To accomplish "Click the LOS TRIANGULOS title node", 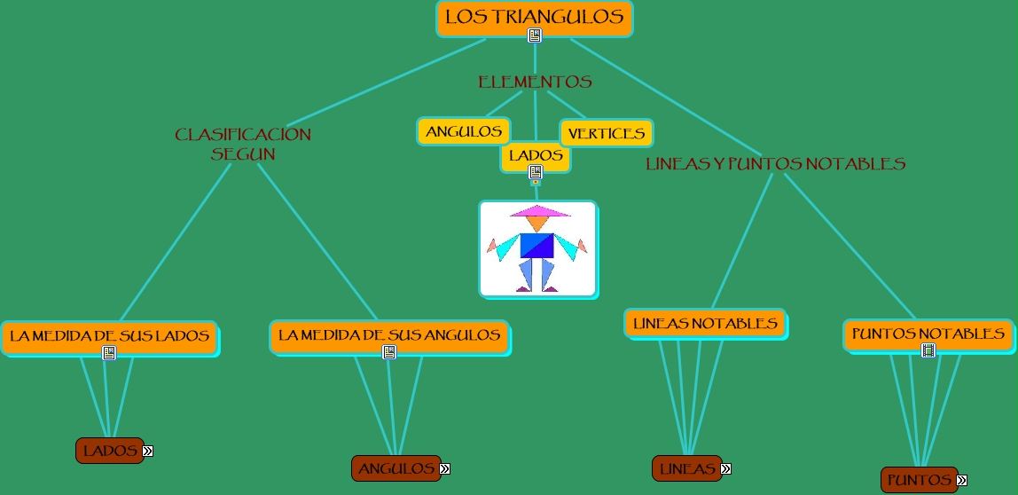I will tap(534, 17).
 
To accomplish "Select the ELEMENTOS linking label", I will tap(535, 82).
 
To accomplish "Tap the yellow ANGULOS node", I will tap(464, 131).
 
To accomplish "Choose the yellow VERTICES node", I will tap(607, 133).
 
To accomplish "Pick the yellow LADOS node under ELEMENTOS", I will tap(536, 155).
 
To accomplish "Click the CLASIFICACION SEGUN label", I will tap(243, 144).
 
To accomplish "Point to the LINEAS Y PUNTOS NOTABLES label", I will tap(775, 163).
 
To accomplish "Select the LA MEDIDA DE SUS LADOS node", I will tap(109, 336).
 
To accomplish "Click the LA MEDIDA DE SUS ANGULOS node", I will tap(389, 335).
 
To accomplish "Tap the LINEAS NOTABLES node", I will tap(705, 323).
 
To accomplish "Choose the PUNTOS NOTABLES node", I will tap(928, 334).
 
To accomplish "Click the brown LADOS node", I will tap(110, 451).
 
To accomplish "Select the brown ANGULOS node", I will tap(396, 468).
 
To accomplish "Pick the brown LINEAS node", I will tap(687, 468).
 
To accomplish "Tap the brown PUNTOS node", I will tap(919, 480).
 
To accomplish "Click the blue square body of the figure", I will tap(536, 246).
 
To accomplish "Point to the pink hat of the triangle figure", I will tap(538, 211).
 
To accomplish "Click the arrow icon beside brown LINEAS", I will tap(725, 468).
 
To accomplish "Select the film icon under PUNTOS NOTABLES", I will tap(928, 350).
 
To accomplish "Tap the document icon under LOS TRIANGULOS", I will tap(535, 35).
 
